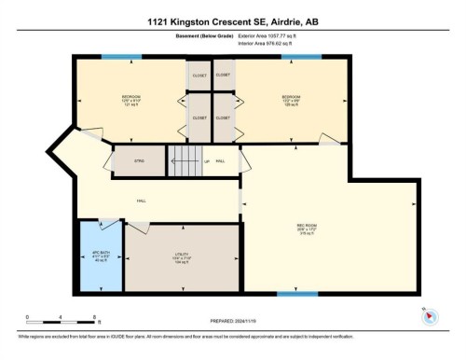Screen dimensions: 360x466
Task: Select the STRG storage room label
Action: (138, 161)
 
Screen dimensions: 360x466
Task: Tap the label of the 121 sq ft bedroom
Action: (130, 99)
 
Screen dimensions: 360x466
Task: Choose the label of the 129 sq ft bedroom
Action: (293, 99)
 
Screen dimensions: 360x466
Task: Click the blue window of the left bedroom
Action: (122, 58)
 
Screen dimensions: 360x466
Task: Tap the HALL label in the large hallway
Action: (142, 200)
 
